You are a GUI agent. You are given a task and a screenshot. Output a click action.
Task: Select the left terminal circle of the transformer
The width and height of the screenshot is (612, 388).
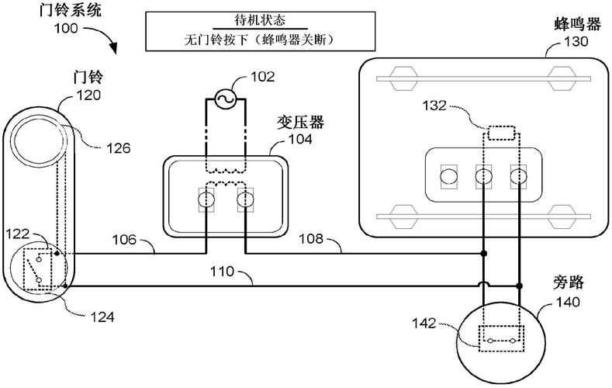pos(206,201)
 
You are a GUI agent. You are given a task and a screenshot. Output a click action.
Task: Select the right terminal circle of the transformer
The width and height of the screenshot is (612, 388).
pos(244,201)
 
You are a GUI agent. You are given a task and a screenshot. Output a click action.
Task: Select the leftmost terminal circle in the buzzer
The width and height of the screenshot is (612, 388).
pos(448,176)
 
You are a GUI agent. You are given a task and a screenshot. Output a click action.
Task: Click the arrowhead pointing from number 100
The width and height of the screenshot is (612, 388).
pos(113,49)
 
